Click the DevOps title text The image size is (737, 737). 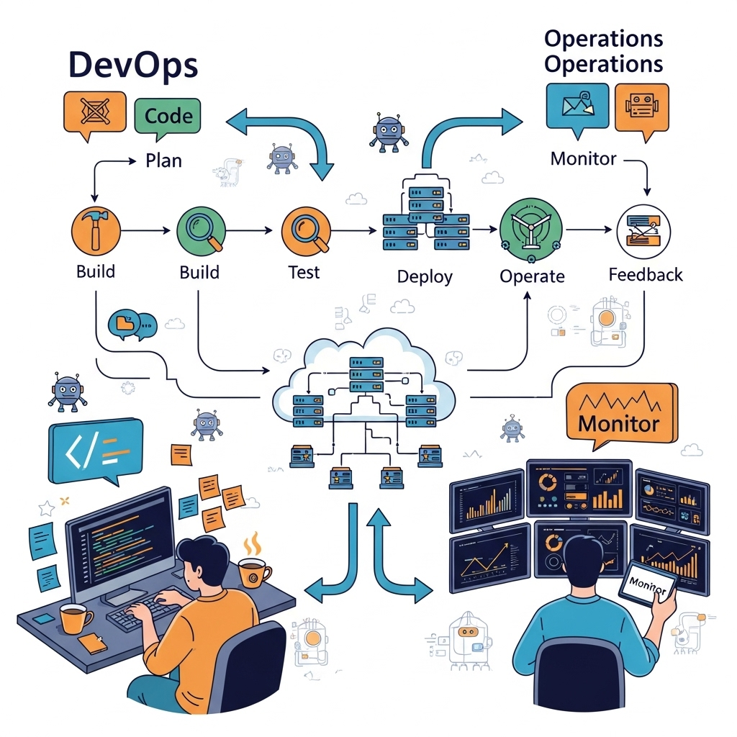pos(132,65)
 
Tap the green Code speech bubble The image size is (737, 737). pos(168,116)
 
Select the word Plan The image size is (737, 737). pos(163,160)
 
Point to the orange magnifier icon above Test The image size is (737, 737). pos(306,230)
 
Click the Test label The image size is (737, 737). pos(304,272)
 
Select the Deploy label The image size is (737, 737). pos(425,276)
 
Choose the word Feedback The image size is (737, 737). pos(645,274)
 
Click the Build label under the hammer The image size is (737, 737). pos(95,272)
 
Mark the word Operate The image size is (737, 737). pos(532,276)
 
